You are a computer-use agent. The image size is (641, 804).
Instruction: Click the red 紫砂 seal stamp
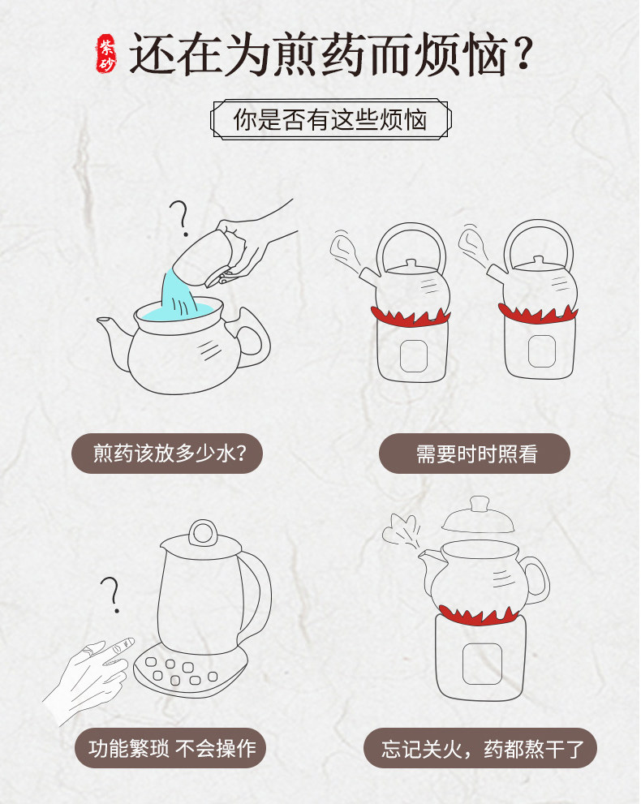106,54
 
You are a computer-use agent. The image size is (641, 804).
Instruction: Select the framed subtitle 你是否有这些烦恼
331,119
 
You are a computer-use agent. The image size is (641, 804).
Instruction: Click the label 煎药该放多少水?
167,454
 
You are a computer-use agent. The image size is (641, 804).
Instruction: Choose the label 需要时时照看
475,454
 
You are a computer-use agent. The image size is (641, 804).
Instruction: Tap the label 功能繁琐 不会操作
170,747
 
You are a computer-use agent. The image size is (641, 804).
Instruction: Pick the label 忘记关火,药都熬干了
480,747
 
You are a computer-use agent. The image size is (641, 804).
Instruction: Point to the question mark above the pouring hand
180,218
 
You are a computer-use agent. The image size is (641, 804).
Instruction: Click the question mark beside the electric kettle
111,595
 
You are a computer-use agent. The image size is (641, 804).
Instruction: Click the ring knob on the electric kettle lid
203,533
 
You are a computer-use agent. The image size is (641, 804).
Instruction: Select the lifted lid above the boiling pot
477,516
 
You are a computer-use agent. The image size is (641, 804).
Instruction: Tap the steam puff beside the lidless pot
402,531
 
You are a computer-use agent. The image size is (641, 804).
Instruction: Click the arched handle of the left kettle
411,246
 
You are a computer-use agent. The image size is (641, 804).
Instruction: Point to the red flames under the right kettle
538,312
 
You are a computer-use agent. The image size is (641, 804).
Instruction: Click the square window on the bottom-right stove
482,664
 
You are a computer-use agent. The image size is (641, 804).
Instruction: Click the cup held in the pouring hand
203,258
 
